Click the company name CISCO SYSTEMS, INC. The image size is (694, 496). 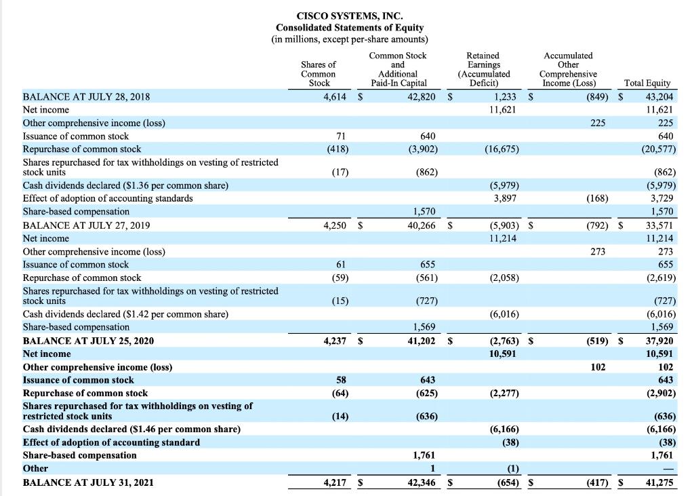pyautogui.click(x=349, y=15)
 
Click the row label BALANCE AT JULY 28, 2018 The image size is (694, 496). pyautogui.click(x=87, y=97)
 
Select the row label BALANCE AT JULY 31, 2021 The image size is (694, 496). pyautogui.click(x=88, y=482)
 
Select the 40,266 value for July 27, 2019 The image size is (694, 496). pyautogui.click(x=422, y=225)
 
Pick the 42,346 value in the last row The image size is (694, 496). pyautogui.click(x=421, y=482)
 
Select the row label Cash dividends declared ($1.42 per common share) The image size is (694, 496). pyautogui.click(x=125, y=314)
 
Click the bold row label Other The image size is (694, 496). pyautogui.click(x=36, y=468)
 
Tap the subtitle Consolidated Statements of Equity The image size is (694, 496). pyautogui.click(x=349, y=27)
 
